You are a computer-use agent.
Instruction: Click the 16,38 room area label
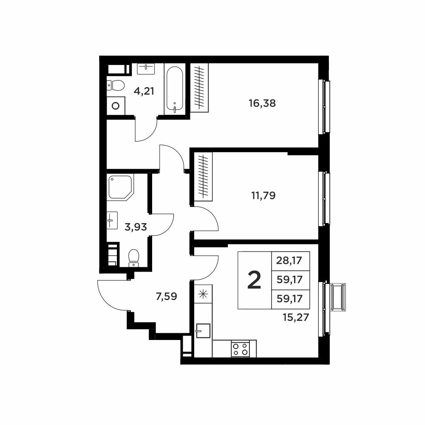(262, 103)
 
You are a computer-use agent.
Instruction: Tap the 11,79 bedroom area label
(263, 195)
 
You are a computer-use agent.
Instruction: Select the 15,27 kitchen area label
(296, 317)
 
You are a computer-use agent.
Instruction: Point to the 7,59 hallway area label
(167, 297)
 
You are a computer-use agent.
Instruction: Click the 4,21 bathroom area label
(144, 91)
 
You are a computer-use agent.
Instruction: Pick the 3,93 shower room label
(136, 227)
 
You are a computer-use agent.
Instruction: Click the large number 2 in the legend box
(254, 280)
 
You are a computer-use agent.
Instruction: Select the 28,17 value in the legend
(289, 261)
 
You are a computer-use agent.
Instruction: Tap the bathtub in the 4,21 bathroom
(175, 90)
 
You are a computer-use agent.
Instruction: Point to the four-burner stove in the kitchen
(241, 349)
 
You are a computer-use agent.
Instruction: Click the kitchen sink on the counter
(203, 331)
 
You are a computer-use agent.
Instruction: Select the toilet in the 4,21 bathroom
(116, 85)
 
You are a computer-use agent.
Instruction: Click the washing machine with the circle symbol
(116, 106)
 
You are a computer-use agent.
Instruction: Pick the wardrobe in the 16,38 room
(199, 88)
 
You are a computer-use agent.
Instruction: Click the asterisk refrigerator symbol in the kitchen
(203, 294)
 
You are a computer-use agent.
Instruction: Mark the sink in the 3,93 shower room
(112, 220)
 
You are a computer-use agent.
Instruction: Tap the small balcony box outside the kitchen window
(338, 297)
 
